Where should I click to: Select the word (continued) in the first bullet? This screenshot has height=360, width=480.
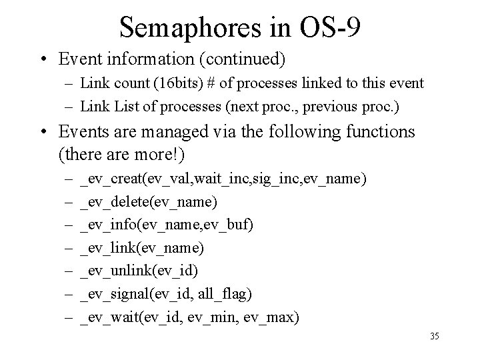click(245, 60)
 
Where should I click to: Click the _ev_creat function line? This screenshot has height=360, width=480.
click(222, 179)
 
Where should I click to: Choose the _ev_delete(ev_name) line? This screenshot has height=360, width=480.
click(147, 202)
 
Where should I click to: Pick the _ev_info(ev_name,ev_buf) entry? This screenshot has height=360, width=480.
click(166, 225)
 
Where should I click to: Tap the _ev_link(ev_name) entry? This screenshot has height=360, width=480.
click(141, 248)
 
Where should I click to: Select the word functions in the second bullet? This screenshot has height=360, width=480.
click(377, 132)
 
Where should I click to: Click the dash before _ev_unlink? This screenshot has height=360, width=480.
click(69, 271)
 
